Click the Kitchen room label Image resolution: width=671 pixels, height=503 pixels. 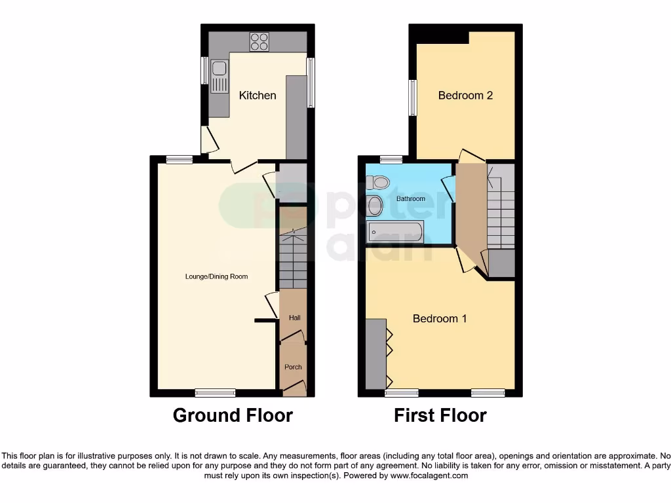(x=258, y=96)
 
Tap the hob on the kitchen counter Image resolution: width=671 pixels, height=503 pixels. (x=259, y=42)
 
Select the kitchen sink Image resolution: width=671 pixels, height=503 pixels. (x=218, y=77)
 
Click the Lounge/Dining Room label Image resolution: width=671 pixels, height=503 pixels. (x=216, y=276)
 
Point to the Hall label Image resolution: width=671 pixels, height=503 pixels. (x=295, y=318)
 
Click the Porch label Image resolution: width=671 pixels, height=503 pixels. (x=293, y=367)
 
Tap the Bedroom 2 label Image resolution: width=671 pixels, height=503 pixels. (x=465, y=96)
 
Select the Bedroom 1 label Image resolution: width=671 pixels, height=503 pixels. (x=440, y=319)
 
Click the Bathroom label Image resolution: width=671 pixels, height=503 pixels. (x=411, y=198)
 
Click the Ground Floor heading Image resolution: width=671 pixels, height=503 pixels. (x=233, y=415)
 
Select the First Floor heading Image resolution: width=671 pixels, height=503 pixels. (x=440, y=415)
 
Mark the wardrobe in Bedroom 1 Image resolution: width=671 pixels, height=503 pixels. (x=376, y=354)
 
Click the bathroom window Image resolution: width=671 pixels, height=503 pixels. (x=391, y=159)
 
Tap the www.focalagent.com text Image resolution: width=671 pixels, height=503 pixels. (x=429, y=475)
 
